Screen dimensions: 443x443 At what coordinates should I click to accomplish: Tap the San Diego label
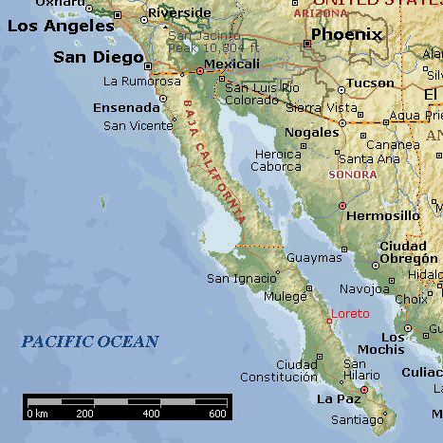coord(96,57)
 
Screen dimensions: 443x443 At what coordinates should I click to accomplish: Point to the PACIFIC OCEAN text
coord(90,341)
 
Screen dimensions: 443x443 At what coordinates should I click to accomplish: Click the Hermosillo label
coord(384,215)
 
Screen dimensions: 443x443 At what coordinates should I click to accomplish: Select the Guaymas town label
coord(313,257)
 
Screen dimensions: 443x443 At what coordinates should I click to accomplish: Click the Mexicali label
coord(232,64)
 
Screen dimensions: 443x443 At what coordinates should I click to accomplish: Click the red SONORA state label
coord(351,175)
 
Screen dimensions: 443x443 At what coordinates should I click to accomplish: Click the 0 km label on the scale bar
coord(38,414)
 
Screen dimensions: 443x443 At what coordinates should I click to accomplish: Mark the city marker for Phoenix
coord(307,44)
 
